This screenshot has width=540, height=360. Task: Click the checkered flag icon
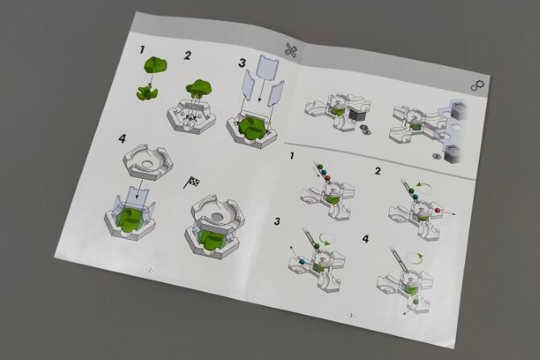pyautogui.click(x=192, y=181)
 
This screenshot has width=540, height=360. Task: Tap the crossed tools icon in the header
pyautogui.click(x=291, y=50)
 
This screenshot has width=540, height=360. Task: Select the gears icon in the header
pyautogui.click(x=477, y=85)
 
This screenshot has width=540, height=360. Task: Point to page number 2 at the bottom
pyautogui.click(x=149, y=270)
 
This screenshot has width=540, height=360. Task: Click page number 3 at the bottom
pyautogui.click(x=350, y=315)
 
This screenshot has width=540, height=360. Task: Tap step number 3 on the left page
pyautogui.click(x=242, y=63)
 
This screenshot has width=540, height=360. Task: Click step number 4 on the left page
pyautogui.click(x=122, y=139)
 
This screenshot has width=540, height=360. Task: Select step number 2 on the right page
pyautogui.click(x=378, y=171)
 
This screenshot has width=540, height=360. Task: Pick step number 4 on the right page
pyautogui.click(x=366, y=238)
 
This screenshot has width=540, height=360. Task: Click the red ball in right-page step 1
pyautogui.click(x=328, y=177)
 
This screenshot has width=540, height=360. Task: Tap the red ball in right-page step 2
pyautogui.click(x=438, y=209)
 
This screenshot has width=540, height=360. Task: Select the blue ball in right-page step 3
pyautogui.click(x=303, y=262)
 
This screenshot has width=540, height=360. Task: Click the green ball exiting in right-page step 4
pyautogui.click(x=416, y=302)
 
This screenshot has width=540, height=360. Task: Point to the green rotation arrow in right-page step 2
pyautogui.click(x=424, y=188)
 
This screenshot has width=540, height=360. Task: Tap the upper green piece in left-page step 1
pyautogui.click(x=156, y=65)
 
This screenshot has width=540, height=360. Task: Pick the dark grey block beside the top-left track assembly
pyautogui.click(x=356, y=114)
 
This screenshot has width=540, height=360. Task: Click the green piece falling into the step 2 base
pyautogui.click(x=198, y=87)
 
